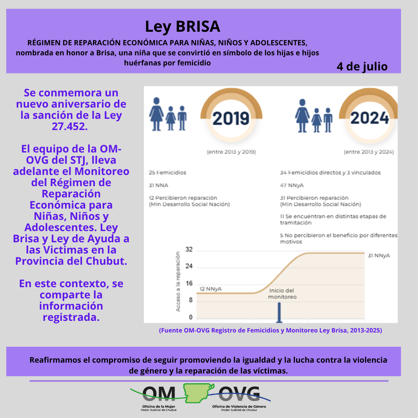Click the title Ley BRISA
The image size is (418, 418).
pos(182,27)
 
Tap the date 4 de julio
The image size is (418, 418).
pos(362,66)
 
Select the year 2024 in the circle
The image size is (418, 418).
pos(370,118)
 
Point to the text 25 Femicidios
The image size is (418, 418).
pos(167,173)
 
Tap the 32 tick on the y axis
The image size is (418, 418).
pos(189,250)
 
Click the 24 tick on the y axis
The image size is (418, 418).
pos(189,267)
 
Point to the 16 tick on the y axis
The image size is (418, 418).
pos(189,283)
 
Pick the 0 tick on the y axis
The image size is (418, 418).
pos(190,317)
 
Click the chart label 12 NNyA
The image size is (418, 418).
pos(211,289)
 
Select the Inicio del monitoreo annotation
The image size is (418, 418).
pos(283,294)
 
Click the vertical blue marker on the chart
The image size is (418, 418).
pos(279,312)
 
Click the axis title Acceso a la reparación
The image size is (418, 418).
pos(178,281)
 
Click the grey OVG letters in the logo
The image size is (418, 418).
pos(240,394)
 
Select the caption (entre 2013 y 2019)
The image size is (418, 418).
pos(231,152)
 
